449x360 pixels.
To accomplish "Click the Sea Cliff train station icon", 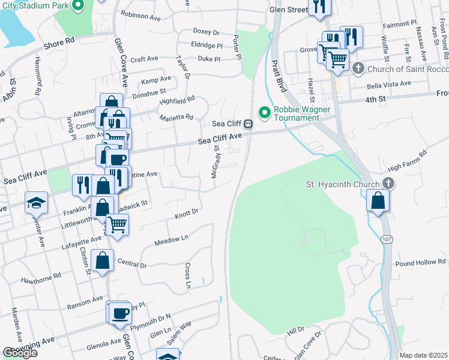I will click(247, 124).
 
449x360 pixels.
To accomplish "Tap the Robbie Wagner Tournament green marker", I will click(263, 112).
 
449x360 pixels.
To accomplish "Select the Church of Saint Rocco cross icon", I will click(358, 67).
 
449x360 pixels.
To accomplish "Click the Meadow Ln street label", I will click(171, 239).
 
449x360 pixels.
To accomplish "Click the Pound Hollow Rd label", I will click(420, 263).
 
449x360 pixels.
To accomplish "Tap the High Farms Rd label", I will click(407, 162).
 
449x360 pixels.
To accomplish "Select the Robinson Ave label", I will click(140, 15).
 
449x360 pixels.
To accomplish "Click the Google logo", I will click(20, 353).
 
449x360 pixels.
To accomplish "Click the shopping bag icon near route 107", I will click(378, 200).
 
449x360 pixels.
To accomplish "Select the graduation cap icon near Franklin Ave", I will click(36, 203).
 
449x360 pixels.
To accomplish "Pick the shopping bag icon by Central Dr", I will click(103, 261).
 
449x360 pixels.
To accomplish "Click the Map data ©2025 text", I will click(423, 355).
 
